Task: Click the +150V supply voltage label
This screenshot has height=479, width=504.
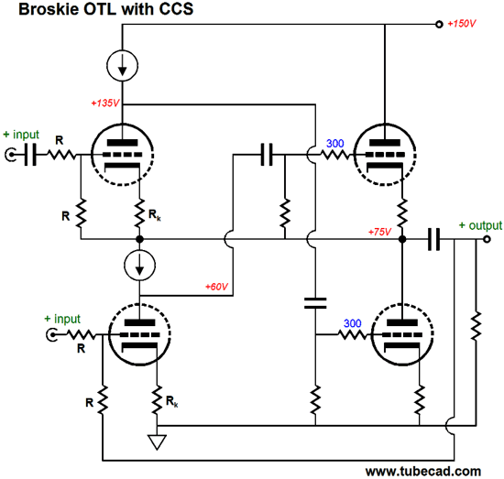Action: point(461,24)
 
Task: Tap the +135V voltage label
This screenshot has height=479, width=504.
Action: point(105,103)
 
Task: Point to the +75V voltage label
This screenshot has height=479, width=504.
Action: point(379,232)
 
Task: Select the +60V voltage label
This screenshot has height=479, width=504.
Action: point(216,287)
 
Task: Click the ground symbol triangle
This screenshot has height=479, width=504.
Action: point(157,441)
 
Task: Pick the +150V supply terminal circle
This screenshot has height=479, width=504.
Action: point(439,25)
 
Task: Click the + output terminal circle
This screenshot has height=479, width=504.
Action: point(487,239)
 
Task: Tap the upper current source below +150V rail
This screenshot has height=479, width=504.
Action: point(123,66)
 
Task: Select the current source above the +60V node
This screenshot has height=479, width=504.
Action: point(139,266)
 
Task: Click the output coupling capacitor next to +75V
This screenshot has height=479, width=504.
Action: point(433,239)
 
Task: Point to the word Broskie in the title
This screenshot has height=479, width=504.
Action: point(49,9)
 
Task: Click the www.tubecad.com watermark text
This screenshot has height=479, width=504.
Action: point(423,472)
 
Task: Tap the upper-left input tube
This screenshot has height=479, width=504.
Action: point(122,155)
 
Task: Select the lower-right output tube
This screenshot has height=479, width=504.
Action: point(402,334)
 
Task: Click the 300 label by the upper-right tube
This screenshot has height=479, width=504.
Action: point(335,143)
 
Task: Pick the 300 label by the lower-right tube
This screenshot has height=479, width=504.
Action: point(353,323)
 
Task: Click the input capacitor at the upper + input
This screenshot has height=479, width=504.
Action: point(31,155)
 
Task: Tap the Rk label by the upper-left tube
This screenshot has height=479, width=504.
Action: point(155,214)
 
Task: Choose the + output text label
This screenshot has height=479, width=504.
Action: point(480,225)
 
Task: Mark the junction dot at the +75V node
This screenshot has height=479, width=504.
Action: point(402,239)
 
